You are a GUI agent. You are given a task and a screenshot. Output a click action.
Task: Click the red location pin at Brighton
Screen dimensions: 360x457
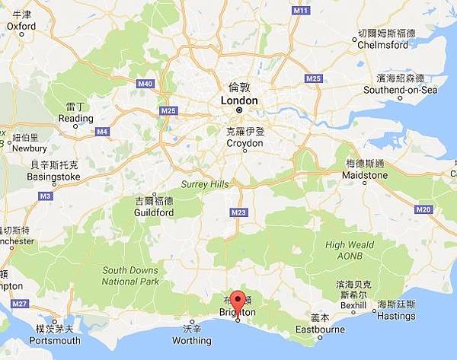pos(238,302)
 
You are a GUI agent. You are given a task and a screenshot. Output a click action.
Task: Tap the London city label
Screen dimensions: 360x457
pos(238,100)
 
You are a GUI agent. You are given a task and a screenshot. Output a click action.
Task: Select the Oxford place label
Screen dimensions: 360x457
pos(21,25)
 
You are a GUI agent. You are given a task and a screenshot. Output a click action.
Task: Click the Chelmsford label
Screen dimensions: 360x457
pos(387,43)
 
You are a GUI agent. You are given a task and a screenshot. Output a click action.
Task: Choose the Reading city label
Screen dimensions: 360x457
pos(75,119)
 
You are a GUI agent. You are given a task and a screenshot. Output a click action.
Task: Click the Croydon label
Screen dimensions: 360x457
pos(244,142)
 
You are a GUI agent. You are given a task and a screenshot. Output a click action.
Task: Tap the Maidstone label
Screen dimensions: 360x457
pos(366,175)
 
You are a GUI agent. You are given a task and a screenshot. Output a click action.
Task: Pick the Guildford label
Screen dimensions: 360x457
pos(154,212)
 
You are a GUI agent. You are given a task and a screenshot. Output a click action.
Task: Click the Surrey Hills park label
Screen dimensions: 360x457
pos(205,184)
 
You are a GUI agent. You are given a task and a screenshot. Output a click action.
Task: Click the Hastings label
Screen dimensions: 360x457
pos(396,315)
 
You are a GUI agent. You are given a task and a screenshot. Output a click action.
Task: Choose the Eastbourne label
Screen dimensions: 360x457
pos(320,330)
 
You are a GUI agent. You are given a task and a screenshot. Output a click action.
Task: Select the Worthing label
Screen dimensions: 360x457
pos(192,340)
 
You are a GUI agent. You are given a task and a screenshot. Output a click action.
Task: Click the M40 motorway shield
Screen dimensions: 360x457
pos(145,84)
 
